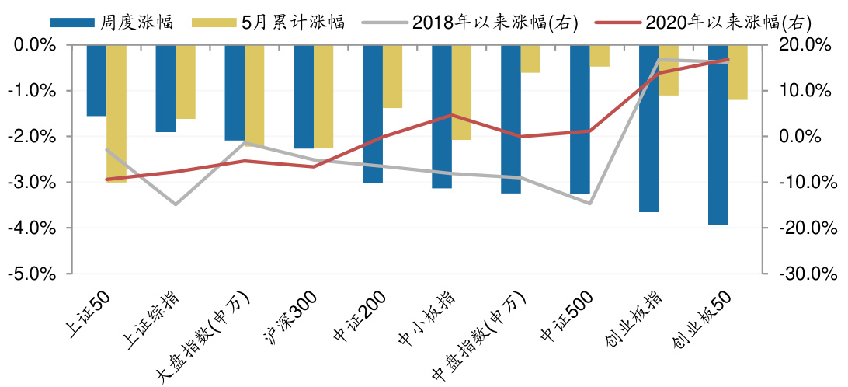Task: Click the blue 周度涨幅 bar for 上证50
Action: point(96,80)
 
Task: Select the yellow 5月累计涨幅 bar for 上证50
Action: point(116,113)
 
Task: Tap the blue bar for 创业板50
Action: point(718,134)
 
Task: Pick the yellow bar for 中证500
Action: point(600,56)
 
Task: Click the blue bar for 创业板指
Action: point(649,128)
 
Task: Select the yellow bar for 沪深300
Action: point(323,96)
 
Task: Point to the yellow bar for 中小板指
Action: point(461,92)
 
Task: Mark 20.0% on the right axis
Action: point(801,45)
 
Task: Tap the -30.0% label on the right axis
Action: point(799,274)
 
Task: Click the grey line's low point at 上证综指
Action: point(176,204)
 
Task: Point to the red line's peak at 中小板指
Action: point(452,115)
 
